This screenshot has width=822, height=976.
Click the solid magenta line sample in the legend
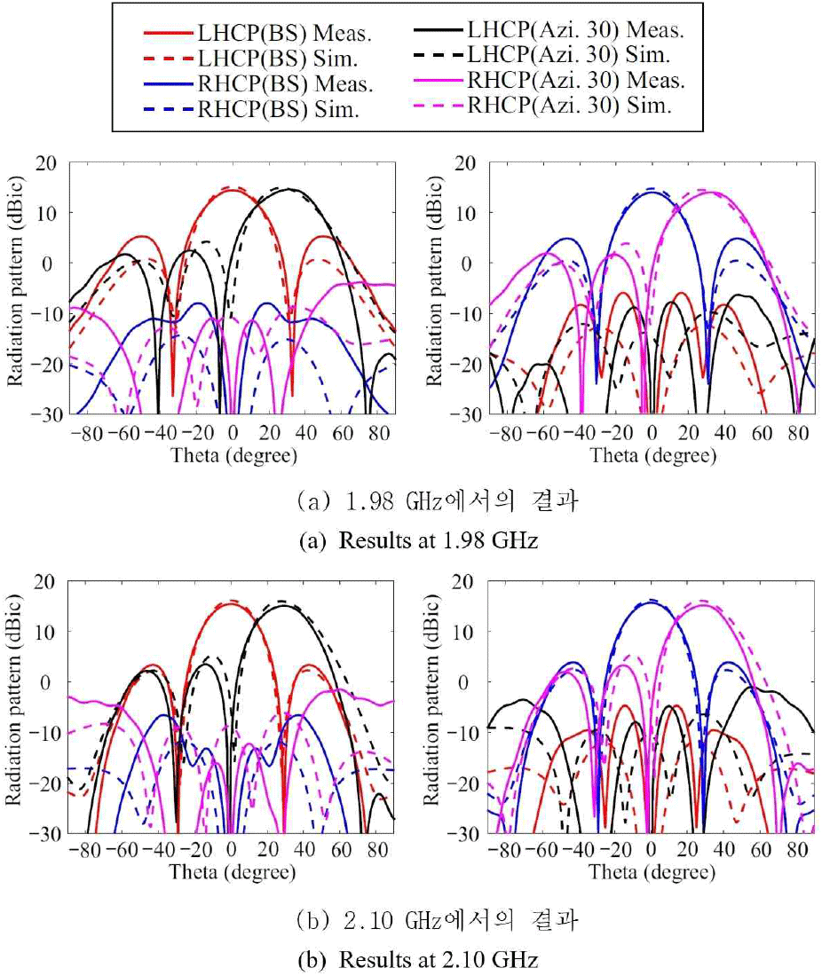tap(439, 81)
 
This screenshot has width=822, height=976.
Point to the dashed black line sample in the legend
tap(439, 56)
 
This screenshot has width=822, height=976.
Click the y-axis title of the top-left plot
tap(17, 288)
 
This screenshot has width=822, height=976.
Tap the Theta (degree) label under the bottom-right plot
tap(652, 874)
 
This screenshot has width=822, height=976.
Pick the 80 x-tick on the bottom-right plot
tap(797, 853)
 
